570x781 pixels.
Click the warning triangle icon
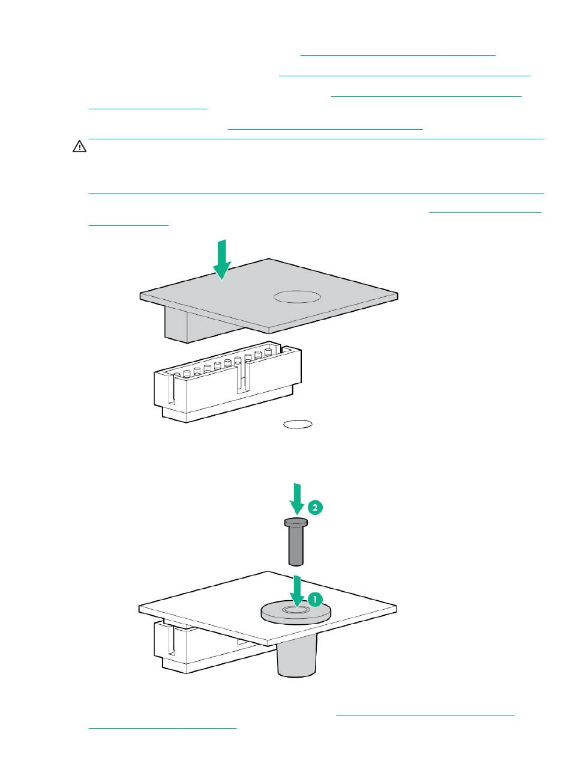(x=79, y=146)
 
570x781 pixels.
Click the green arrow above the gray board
(x=222, y=260)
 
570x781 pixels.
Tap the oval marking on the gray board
(x=296, y=297)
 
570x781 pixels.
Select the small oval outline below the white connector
(x=298, y=424)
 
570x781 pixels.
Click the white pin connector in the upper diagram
(x=228, y=381)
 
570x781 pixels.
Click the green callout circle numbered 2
(x=315, y=507)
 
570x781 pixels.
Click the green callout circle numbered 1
(x=315, y=599)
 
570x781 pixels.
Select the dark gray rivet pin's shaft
(x=296, y=545)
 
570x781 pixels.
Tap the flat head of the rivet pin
(x=296, y=522)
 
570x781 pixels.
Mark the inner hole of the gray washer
(x=296, y=610)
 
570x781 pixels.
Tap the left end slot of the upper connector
(x=171, y=389)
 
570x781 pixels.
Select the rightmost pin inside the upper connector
(x=268, y=352)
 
